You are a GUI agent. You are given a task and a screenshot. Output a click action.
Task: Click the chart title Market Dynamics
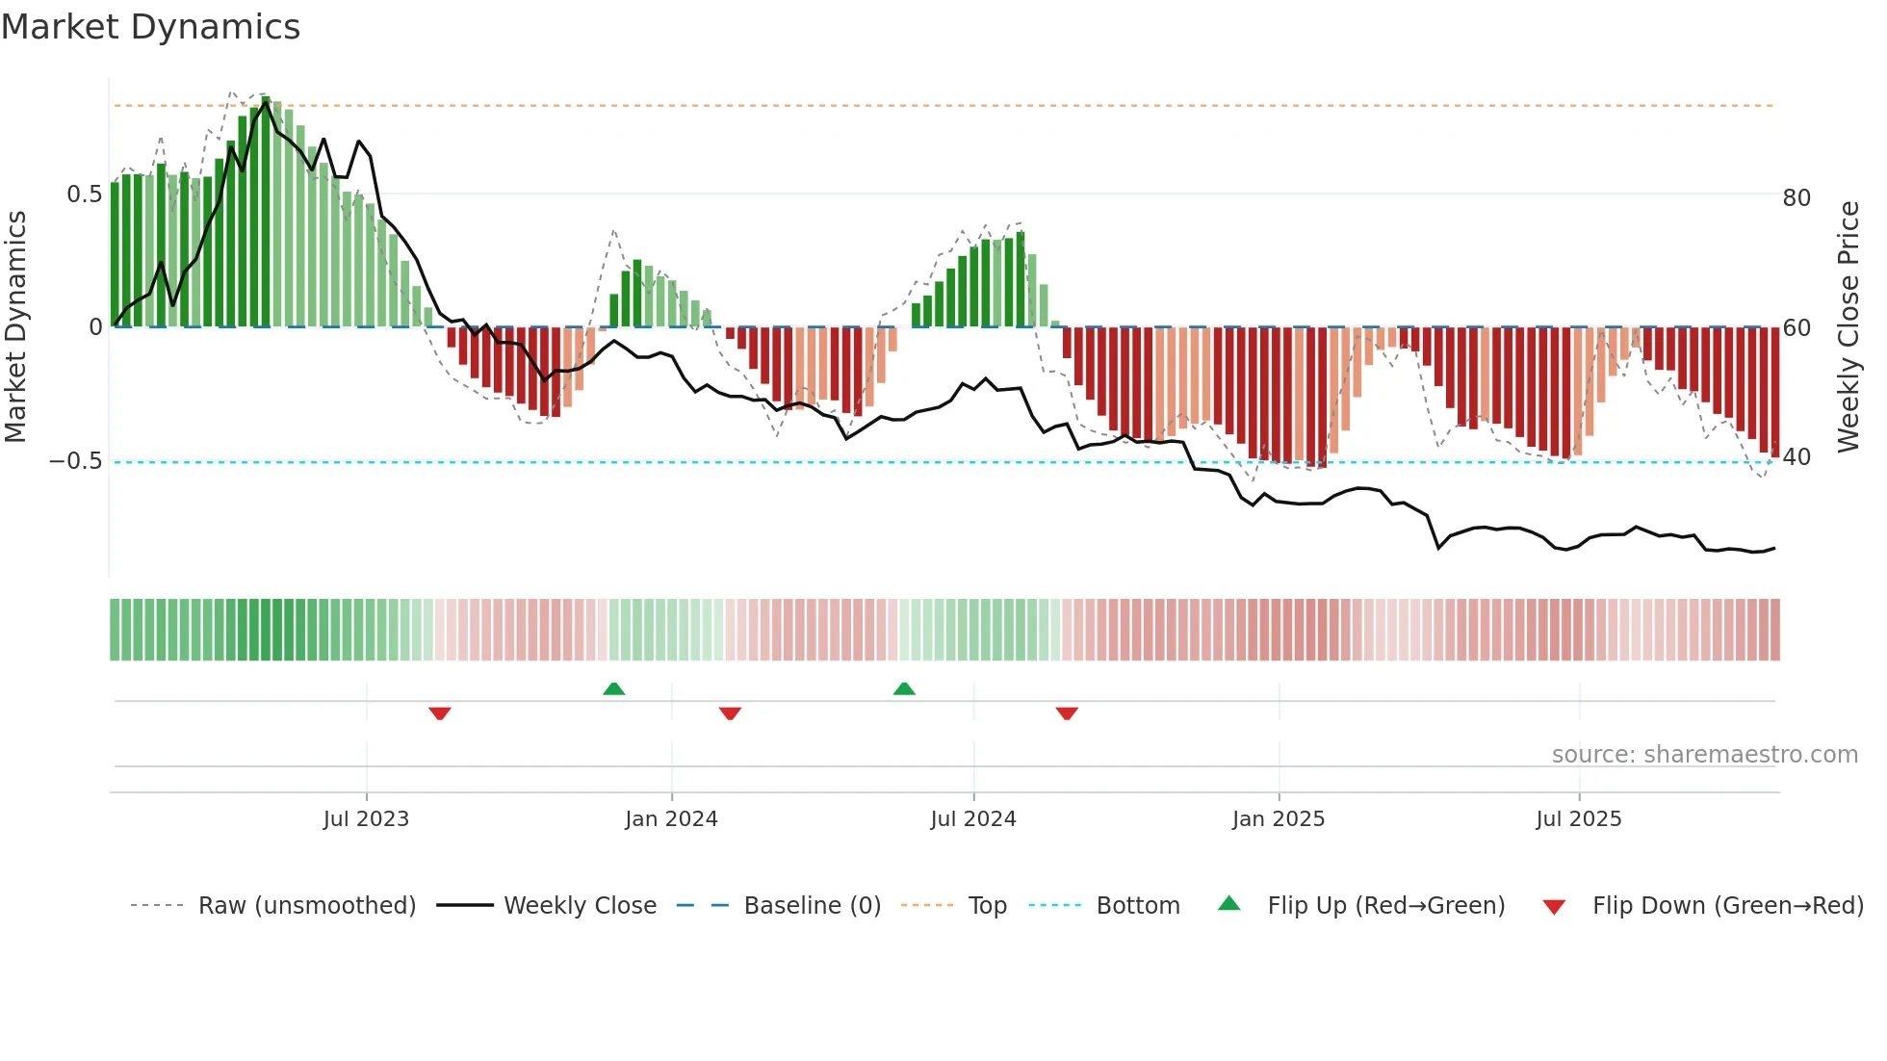pyautogui.click(x=151, y=27)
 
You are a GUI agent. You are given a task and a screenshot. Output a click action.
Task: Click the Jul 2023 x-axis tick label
pyautogui.click(x=366, y=819)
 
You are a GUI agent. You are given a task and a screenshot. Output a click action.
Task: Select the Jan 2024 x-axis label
pyautogui.click(x=671, y=819)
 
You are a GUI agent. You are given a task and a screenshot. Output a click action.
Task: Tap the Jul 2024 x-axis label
pyautogui.click(x=973, y=819)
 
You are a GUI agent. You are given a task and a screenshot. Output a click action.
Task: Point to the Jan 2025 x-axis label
pyautogui.click(x=1279, y=819)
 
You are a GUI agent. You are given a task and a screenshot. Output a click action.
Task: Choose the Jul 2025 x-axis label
pyautogui.click(x=1579, y=819)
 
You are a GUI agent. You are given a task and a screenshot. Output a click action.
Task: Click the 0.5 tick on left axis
pyautogui.click(x=84, y=194)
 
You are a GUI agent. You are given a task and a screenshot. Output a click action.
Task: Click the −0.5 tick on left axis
pyautogui.click(x=76, y=461)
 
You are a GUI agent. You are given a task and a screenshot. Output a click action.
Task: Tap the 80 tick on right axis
pyautogui.click(x=1797, y=198)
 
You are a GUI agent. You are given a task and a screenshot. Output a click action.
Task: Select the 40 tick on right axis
pyautogui.click(x=1797, y=457)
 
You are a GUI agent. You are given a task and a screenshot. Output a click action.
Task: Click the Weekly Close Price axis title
pyautogui.click(x=1848, y=327)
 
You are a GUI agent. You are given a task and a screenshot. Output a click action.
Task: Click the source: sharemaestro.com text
pyautogui.click(x=1704, y=755)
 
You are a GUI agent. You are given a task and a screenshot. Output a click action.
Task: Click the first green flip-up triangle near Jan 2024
pyautogui.click(x=614, y=688)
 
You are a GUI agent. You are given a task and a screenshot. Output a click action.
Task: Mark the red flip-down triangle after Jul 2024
pyautogui.click(x=1067, y=713)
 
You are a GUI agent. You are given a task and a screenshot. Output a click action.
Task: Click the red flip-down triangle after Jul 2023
pyautogui.click(x=440, y=713)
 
